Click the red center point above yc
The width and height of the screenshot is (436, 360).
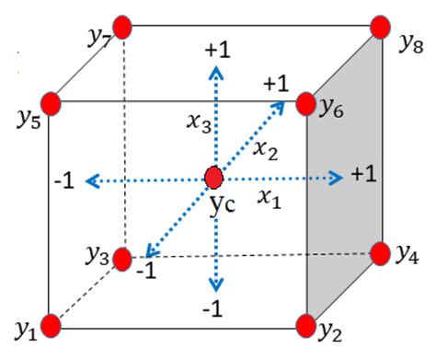pyautogui.click(x=214, y=176)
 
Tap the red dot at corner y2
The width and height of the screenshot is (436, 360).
pyautogui.click(x=305, y=324)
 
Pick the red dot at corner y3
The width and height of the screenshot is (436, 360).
pyautogui.click(x=123, y=260)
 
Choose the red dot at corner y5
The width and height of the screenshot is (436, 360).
pyautogui.click(x=52, y=101)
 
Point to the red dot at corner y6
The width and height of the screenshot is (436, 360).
pyautogui.click(x=306, y=101)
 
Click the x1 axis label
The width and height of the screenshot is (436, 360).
pyautogui.click(x=268, y=195)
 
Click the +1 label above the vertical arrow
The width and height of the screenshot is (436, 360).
pyautogui.click(x=217, y=51)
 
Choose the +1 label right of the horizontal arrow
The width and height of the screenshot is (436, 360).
pyautogui.click(x=361, y=175)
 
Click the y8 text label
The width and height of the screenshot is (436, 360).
pyautogui.click(x=410, y=42)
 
